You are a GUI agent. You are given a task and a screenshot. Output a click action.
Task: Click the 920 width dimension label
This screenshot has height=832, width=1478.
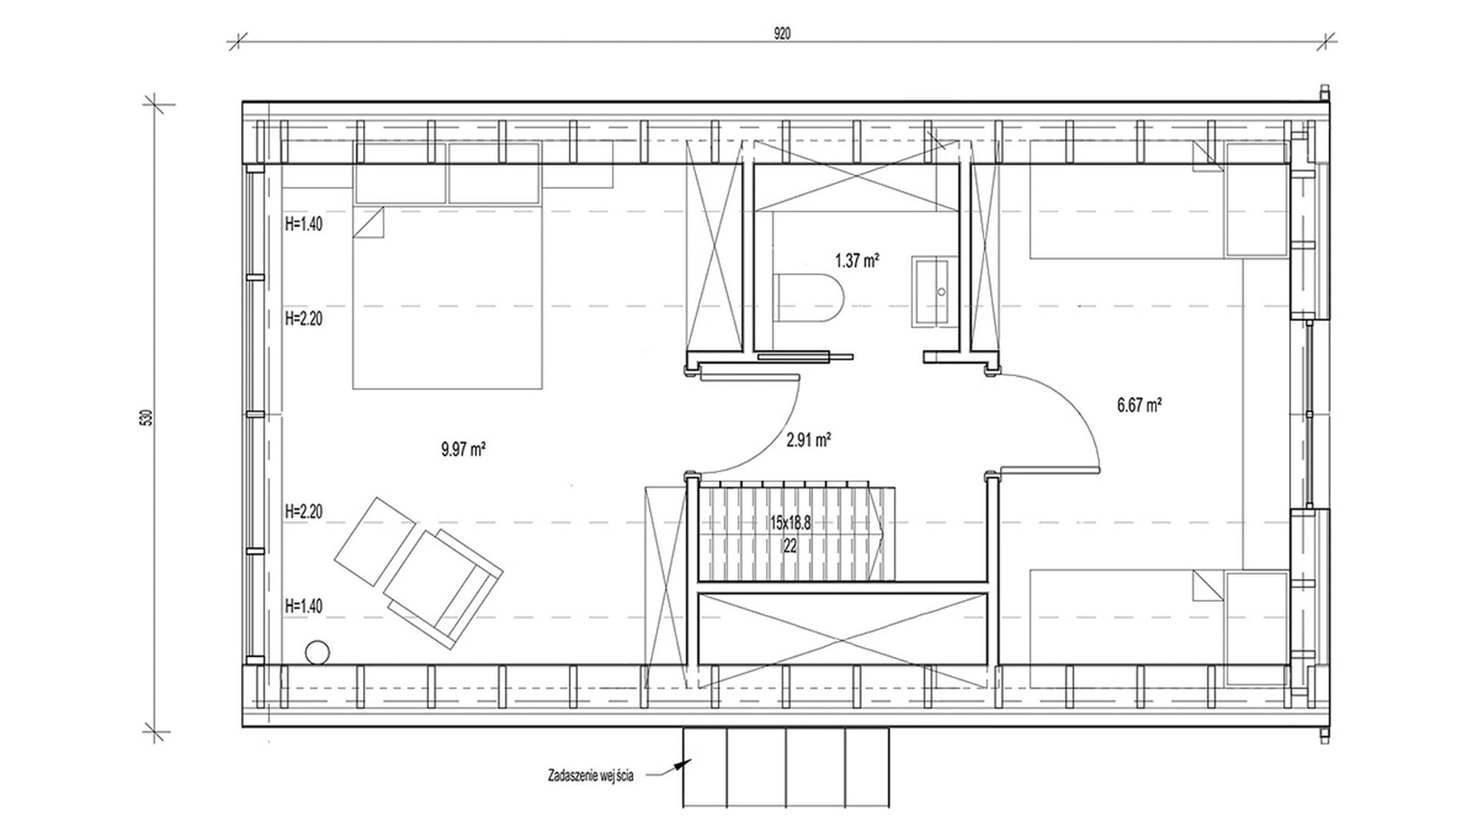click(782, 33)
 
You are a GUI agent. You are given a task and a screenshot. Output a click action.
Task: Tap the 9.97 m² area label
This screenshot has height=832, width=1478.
click(463, 449)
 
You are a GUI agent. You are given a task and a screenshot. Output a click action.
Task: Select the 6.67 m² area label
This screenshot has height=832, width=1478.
click(1139, 404)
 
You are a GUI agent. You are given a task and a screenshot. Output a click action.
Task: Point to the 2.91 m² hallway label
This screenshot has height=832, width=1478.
click(808, 440)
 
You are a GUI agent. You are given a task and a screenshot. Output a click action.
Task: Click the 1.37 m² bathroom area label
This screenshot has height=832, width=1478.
click(857, 260)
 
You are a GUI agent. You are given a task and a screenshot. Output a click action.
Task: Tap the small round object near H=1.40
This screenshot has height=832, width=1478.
click(316, 653)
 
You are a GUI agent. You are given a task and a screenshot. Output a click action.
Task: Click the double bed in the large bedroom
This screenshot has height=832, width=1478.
click(447, 297)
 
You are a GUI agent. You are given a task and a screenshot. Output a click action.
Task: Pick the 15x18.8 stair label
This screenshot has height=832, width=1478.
click(790, 523)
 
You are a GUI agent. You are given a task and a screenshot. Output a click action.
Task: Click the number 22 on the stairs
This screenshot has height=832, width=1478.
click(790, 546)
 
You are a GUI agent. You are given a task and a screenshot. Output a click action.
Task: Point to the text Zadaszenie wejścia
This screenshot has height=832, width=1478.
click(590, 776)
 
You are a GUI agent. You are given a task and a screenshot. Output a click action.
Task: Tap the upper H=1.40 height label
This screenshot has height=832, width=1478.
click(303, 224)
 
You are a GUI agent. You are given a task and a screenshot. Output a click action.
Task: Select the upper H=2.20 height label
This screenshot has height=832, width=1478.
click(303, 318)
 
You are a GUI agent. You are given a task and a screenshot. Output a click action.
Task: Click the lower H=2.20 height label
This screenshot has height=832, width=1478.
click(303, 511)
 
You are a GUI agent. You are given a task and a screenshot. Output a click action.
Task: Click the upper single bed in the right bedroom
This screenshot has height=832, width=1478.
click(1159, 200)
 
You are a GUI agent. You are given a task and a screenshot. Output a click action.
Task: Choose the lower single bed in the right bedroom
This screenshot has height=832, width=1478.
click(1159, 628)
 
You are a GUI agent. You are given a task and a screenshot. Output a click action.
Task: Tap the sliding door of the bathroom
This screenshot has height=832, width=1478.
click(805, 357)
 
